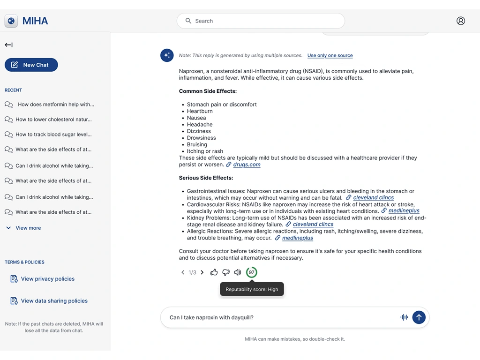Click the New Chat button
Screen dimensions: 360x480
pos(31,65)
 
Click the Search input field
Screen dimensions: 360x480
pos(261,21)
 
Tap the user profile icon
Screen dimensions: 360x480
pos(460,21)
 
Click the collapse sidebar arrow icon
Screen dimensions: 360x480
pos(8,45)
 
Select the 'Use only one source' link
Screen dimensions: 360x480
pos(330,55)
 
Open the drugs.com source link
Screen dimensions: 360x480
pos(247,165)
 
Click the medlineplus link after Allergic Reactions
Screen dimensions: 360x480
pos(297,238)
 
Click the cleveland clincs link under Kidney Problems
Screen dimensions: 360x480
pos(313,224)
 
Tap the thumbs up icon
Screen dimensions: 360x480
pos(214,272)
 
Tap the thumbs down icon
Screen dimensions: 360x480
pos(226,272)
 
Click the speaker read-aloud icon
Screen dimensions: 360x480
pos(238,272)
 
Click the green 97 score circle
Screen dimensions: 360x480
pos(252,272)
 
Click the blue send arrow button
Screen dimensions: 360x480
pos(419,317)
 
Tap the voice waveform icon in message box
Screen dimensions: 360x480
pos(404,317)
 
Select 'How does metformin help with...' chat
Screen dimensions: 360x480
pos(56,105)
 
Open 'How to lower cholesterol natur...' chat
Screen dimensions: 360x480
pos(53,120)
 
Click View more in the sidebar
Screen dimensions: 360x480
pos(28,228)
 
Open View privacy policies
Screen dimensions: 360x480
pos(47,279)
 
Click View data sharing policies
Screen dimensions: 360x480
pos(54,301)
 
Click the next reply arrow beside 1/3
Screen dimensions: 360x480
pos(202,272)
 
